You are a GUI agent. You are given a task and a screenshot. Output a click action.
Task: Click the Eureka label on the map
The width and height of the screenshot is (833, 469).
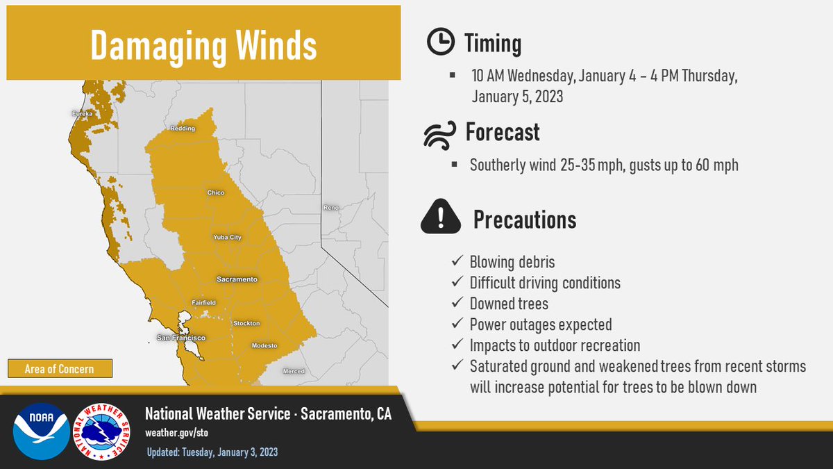[81, 113]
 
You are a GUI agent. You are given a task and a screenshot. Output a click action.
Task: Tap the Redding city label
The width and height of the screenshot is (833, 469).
[183, 129]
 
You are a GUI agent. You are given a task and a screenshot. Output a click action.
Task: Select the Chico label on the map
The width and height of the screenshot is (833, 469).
[216, 192]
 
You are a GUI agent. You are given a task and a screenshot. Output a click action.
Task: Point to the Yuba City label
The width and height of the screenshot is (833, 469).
[227, 238]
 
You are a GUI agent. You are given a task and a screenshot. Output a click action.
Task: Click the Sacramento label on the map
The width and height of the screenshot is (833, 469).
[237, 279]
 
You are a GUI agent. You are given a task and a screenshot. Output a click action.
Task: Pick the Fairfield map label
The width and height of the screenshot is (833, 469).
[204, 303]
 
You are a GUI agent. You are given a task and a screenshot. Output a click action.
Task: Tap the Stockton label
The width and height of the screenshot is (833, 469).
[246, 324]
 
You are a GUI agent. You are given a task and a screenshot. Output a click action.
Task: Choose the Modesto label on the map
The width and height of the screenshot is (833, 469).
[264, 345]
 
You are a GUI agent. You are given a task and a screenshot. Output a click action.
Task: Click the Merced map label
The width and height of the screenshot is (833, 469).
[294, 372]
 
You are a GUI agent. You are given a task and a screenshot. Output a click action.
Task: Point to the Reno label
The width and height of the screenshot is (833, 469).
[331, 208]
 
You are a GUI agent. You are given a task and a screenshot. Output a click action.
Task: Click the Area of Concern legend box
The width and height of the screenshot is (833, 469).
[59, 369]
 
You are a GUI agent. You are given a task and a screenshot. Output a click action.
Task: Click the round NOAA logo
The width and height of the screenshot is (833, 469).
[40, 431]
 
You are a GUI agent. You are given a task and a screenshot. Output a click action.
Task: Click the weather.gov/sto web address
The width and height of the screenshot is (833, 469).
[176, 432]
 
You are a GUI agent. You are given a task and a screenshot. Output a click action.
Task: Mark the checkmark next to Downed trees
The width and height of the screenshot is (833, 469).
[457, 304]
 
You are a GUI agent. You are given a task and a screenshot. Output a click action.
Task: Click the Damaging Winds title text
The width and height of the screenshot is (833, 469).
[203, 45]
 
